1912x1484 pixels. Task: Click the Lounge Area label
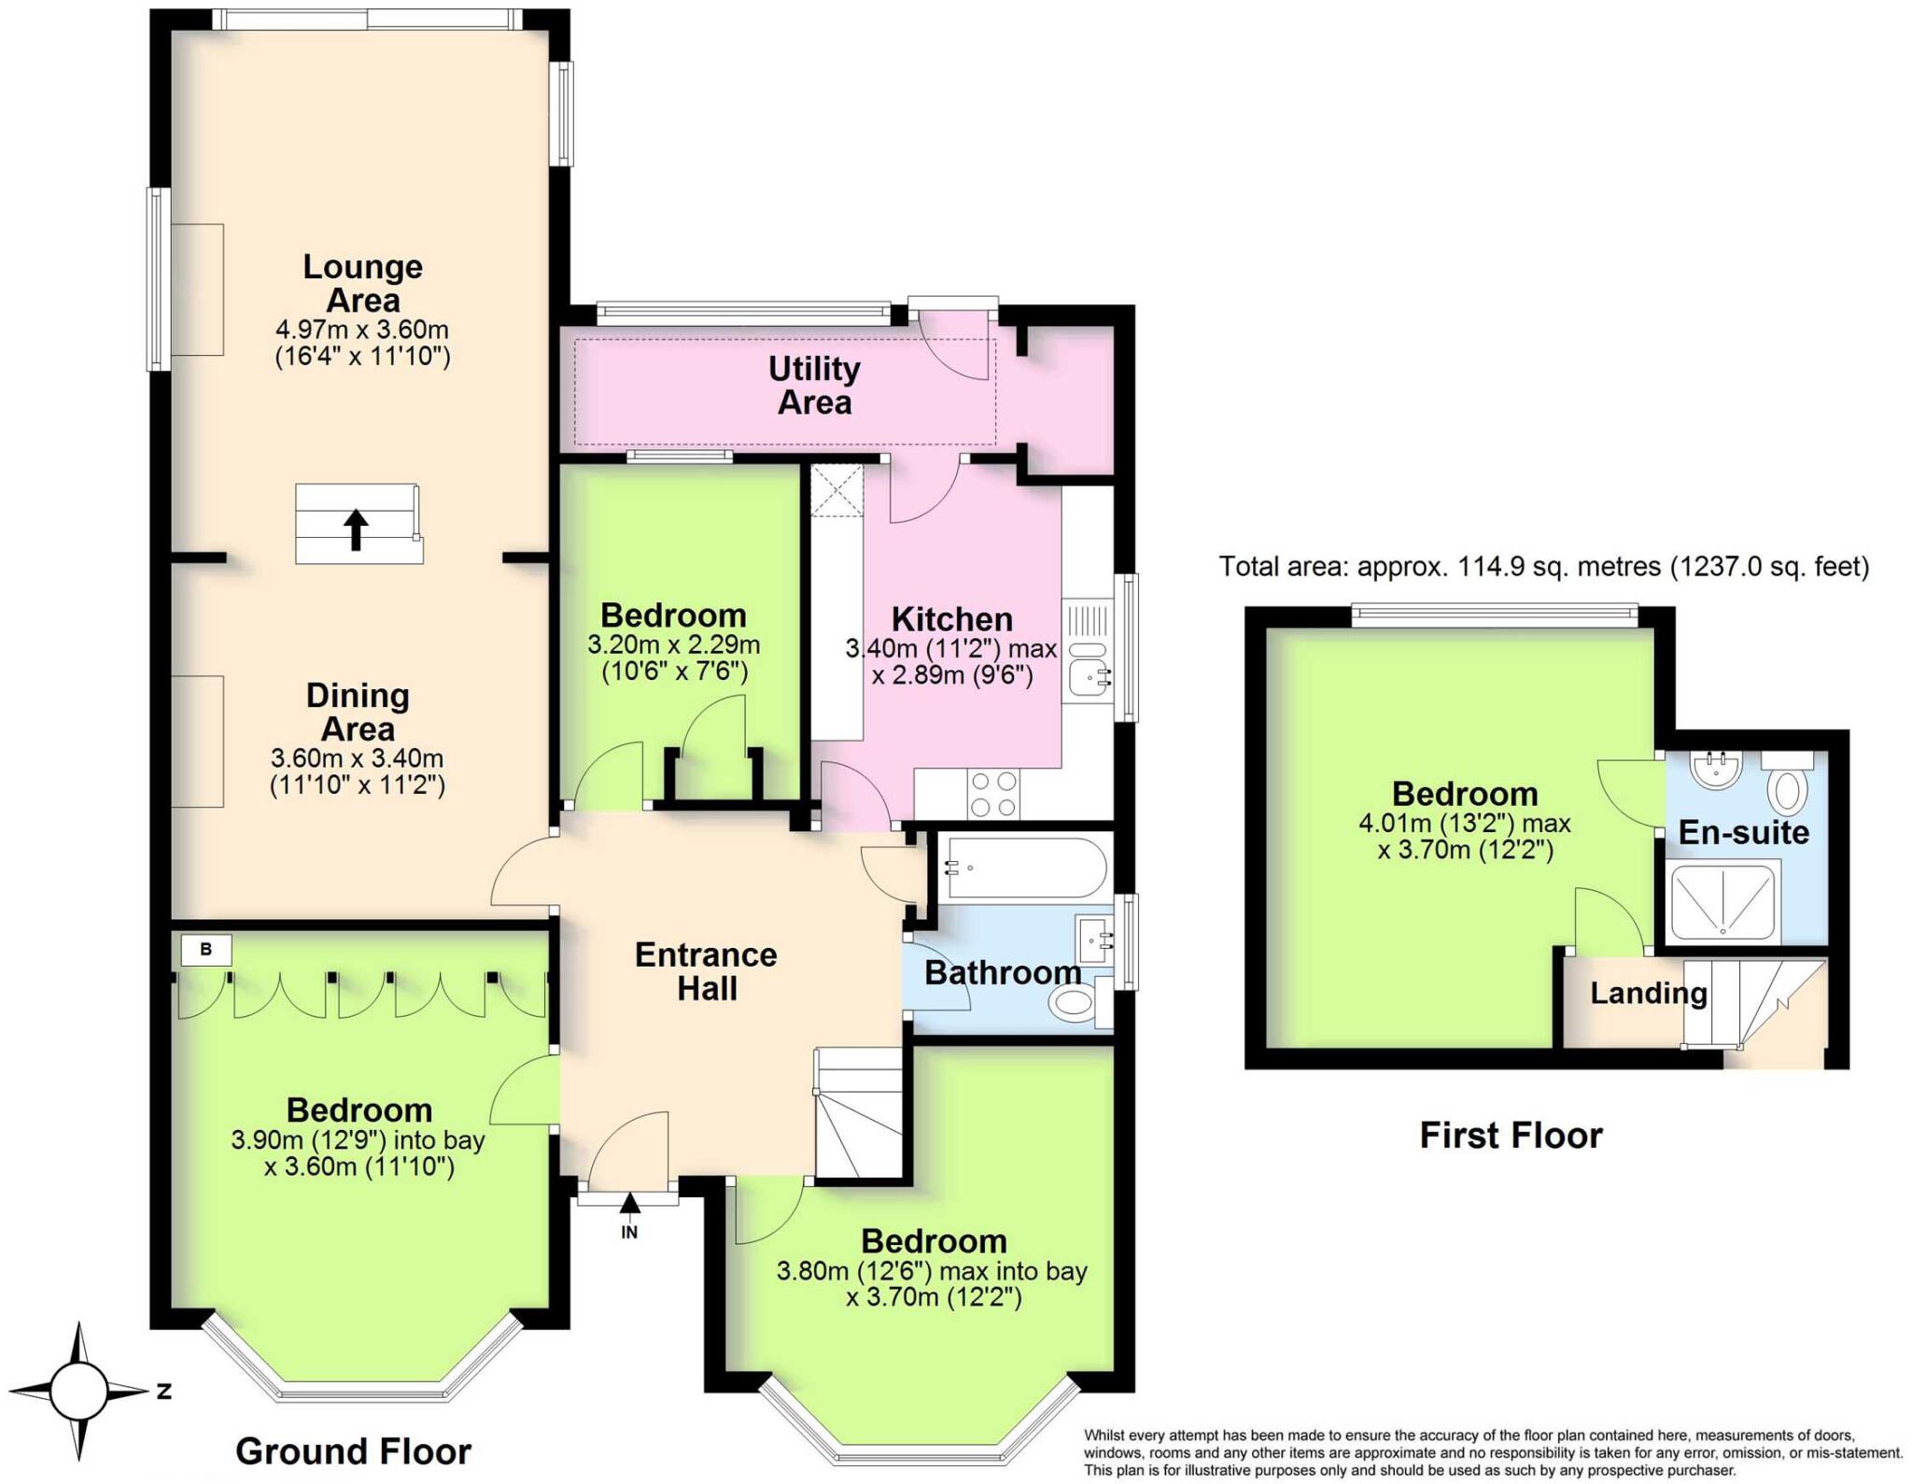click(362, 283)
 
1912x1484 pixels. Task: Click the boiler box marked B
click(205, 950)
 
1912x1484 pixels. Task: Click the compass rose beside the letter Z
click(78, 1391)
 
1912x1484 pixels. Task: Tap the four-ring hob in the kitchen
click(993, 795)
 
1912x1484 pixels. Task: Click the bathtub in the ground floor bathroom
click(1024, 868)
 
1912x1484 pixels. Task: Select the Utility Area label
click(814, 385)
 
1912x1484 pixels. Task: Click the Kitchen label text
click(951, 619)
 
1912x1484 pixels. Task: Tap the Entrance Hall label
click(706, 971)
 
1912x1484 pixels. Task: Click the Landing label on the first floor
click(1648, 993)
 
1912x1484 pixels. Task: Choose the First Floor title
click(1511, 1135)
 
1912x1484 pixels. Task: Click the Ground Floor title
click(353, 1451)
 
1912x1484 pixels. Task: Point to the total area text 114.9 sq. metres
click(1543, 566)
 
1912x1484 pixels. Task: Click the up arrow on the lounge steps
click(355, 529)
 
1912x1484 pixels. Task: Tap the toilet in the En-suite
click(1788, 790)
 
